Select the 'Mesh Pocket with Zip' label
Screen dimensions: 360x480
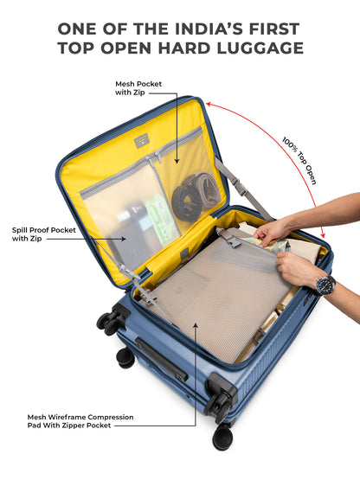tap(138, 88)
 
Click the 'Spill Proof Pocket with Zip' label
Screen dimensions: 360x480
tap(43, 234)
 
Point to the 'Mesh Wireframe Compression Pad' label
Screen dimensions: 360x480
tap(80, 421)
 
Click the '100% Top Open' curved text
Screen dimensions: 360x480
tap(299, 160)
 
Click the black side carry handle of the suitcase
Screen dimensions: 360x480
tap(162, 359)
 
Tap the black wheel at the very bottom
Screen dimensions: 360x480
tap(222, 437)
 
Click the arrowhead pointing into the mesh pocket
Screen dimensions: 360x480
tap(177, 162)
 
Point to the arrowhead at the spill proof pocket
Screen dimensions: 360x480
tap(123, 239)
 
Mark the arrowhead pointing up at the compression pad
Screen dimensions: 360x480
tap(196, 325)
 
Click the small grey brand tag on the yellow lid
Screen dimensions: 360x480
tap(141, 142)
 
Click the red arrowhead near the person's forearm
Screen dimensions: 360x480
tap(322, 234)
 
